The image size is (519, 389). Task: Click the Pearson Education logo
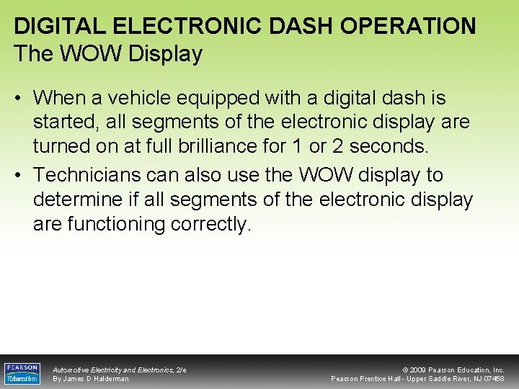[22, 373]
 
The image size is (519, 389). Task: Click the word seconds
[394, 146]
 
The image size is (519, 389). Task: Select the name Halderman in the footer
[111, 379]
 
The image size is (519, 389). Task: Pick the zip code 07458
[494, 379]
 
